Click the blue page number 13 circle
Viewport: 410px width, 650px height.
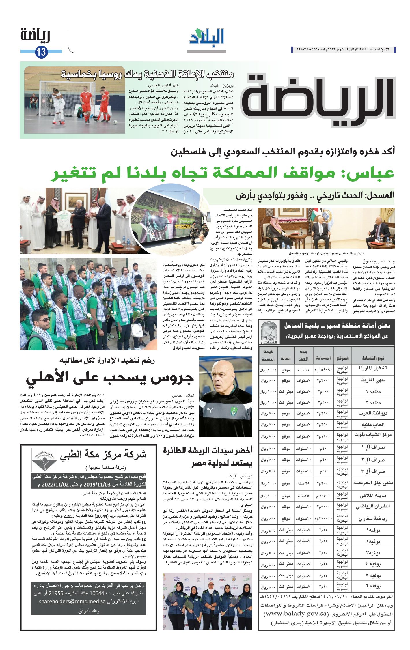pyautogui.click(x=41, y=52)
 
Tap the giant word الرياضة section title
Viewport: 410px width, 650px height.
pyautogui.click(x=318, y=100)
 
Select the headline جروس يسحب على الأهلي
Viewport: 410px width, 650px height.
pyautogui.click(x=110, y=378)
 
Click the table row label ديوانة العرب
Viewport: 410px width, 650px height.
pyautogui.click(x=373, y=413)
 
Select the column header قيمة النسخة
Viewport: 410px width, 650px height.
pyautogui.click(x=268, y=355)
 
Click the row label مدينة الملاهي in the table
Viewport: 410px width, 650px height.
pyautogui.click(x=373, y=496)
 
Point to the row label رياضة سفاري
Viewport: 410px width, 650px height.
pyautogui.click(x=373, y=519)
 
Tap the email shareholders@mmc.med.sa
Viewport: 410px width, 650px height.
pyautogui.click(x=72, y=602)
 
